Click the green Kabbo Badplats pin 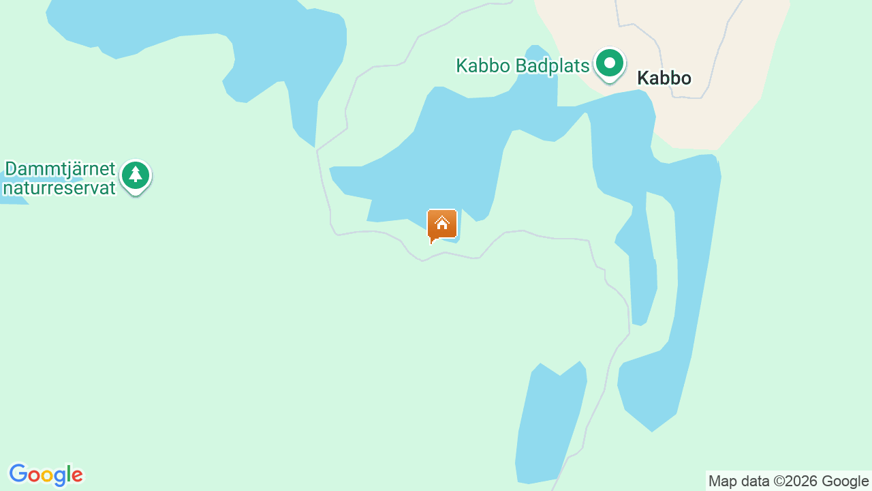(x=610, y=65)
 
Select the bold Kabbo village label (x=664, y=78)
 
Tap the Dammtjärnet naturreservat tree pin (x=136, y=176)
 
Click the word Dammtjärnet (x=61, y=169)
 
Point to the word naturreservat (x=59, y=188)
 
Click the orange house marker (x=441, y=224)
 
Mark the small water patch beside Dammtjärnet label (x=14, y=198)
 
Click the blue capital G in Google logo (x=18, y=474)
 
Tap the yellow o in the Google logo (x=47, y=475)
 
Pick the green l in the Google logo (x=67, y=474)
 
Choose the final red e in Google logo (x=76, y=475)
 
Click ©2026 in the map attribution (x=794, y=481)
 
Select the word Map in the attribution (x=723, y=481)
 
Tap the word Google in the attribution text (x=845, y=481)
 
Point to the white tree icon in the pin (x=136, y=175)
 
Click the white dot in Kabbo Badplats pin (x=610, y=63)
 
